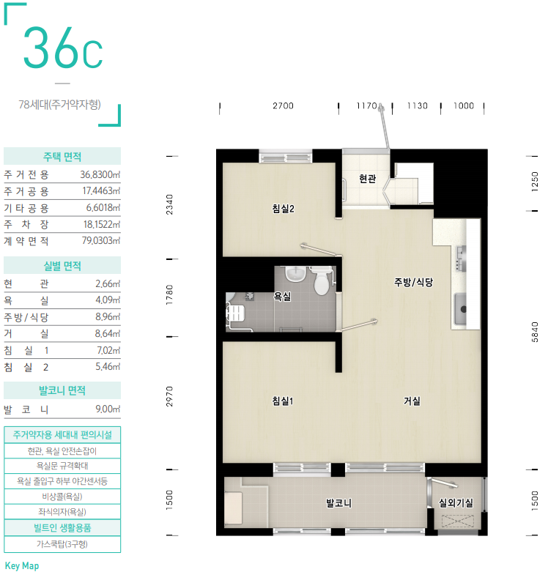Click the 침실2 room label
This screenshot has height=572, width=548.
click(283, 209)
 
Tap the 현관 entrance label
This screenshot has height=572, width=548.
click(367, 179)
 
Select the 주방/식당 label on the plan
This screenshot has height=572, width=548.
click(413, 282)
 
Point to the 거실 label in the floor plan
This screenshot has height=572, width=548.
click(412, 401)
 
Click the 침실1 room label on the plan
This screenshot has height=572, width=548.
click(283, 401)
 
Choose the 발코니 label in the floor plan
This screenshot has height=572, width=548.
click(339, 503)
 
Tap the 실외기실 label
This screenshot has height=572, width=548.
click(456, 503)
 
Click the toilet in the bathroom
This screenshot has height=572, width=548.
click(322, 281)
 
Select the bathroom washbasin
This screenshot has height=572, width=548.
click(295, 274)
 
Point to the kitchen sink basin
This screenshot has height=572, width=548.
click(460, 309)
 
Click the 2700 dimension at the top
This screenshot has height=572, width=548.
click(283, 105)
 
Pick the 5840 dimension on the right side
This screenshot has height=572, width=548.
click(535, 332)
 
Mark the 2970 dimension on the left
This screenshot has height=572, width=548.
click(169, 396)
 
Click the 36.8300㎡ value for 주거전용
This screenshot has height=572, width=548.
click(100, 175)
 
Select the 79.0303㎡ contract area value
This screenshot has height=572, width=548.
click(101, 241)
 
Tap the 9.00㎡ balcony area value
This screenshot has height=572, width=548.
click(108, 409)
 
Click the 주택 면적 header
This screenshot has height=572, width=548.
click(62, 157)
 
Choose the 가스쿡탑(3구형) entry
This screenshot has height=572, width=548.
click(62, 544)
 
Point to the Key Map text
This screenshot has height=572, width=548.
click(22, 566)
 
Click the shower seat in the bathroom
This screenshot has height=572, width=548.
click(235, 313)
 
